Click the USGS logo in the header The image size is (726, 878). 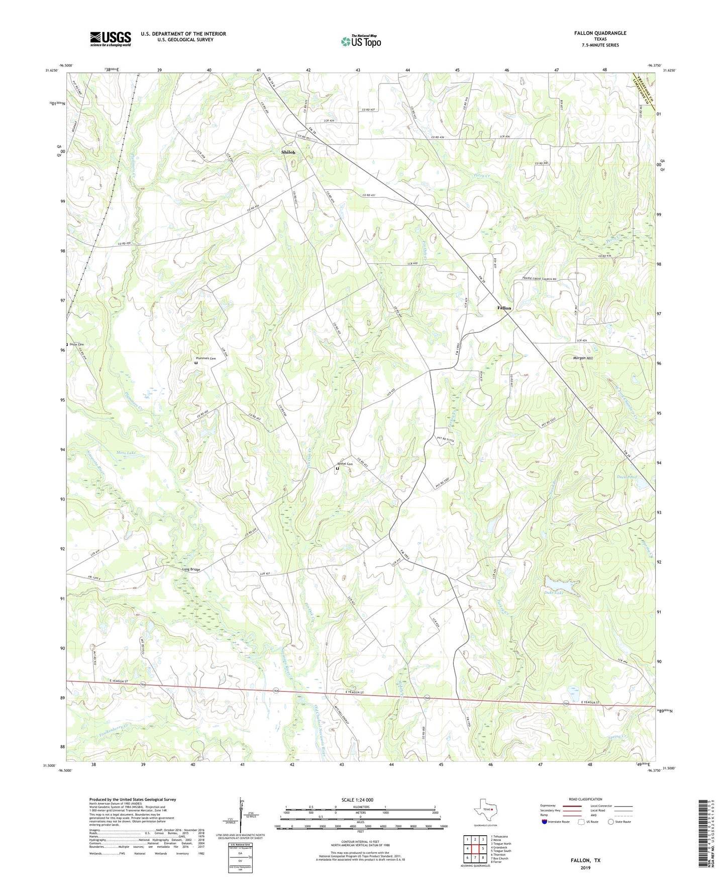[110, 39]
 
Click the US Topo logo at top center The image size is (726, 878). [360, 41]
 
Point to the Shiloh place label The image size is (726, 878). [288, 152]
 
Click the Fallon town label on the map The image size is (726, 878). [504, 308]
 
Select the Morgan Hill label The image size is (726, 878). [583, 358]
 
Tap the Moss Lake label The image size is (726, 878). [126, 453]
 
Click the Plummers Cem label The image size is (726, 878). [205, 359]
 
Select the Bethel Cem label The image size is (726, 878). [345, 464]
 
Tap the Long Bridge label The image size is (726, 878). [191, 569]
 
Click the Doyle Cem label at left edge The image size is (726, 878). [76, 344]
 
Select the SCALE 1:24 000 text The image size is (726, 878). [357, 800]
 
